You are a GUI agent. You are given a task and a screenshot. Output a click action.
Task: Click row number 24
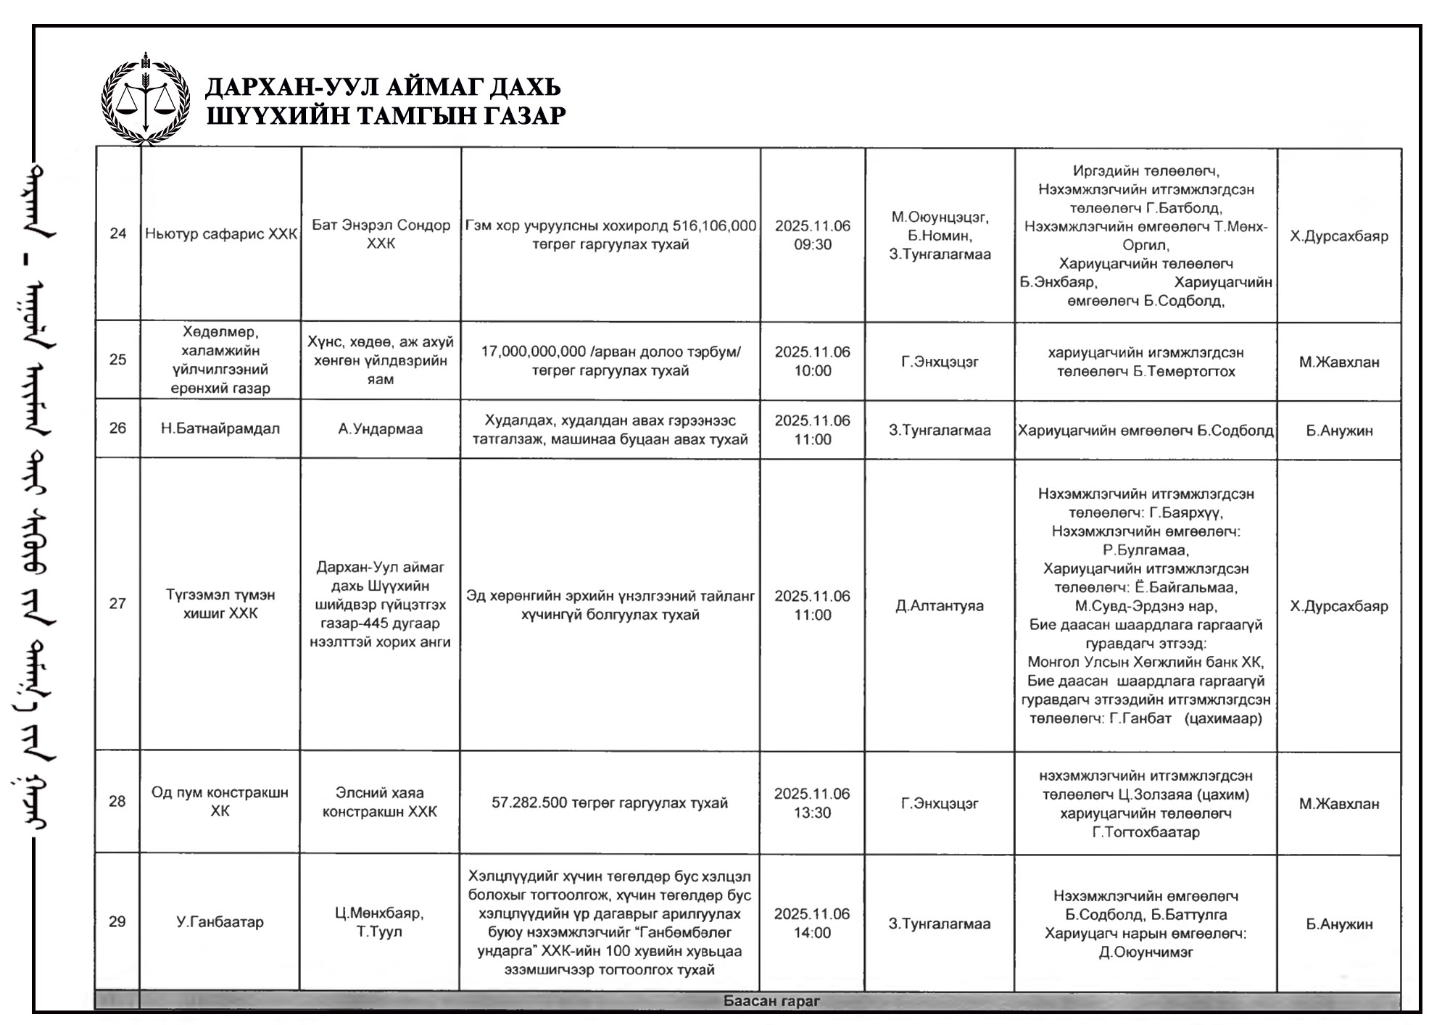(x=117, y=233)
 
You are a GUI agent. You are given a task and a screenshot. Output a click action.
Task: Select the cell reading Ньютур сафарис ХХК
(x=221, y=234)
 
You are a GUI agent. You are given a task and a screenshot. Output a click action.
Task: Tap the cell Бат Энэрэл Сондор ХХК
(x=381, y=234)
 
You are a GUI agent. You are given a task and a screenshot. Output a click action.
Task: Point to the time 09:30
(x=812, y=245)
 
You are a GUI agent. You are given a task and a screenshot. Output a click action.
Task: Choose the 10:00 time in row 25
(x=812, y=371)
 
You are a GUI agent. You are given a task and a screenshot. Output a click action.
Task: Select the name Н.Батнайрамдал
(x=220, y=428)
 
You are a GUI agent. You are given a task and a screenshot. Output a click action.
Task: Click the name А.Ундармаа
(x=381, y=429)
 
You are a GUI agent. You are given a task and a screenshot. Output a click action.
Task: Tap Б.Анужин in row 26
(x=1339, y=431)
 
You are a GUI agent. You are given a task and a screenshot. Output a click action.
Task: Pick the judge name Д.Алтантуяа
(x=940, y=606)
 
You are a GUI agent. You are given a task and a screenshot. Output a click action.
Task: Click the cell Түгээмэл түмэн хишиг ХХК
(x=220, y=604)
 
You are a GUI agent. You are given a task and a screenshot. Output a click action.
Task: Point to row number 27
(x=117, y=604)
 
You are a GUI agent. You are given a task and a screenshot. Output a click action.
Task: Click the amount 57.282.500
(x=529, y=803)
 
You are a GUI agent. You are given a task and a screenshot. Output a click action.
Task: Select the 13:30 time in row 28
(x=812, y=813)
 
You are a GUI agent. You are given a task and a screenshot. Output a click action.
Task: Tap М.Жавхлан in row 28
(x=1339, y=804)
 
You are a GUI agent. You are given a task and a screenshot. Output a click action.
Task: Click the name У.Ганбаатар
(x=220, y=922)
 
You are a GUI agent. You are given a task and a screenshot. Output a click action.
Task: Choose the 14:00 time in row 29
(x=812, y=933)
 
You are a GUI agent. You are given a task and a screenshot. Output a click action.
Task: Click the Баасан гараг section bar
(x=771, y=1001)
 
